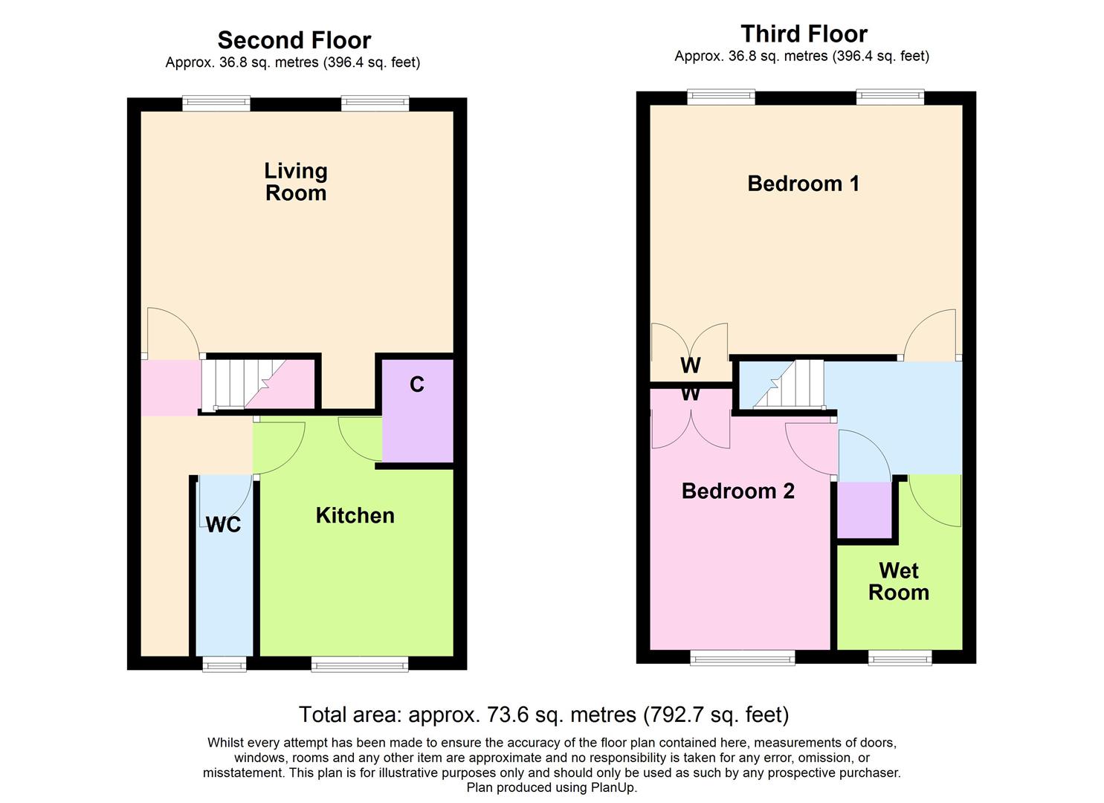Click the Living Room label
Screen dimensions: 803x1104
point(296,182)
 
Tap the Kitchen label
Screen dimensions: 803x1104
point(355,515)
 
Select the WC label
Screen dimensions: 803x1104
point(223,525)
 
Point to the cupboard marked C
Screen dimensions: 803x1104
point(417,410)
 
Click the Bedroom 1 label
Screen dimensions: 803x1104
point(803,184)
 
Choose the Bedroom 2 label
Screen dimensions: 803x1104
point(737,491)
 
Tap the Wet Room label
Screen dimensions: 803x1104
point(898,581)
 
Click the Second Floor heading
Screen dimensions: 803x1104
point(294,39)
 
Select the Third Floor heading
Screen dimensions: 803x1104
point(804,33)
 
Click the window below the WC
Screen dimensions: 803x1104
point(225,663)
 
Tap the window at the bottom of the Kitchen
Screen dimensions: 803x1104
point(359,663)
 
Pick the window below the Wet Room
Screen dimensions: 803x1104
point(900,657)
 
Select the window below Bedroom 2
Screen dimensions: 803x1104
point(742,657)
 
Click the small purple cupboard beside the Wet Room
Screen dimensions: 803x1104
point(864,509)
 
